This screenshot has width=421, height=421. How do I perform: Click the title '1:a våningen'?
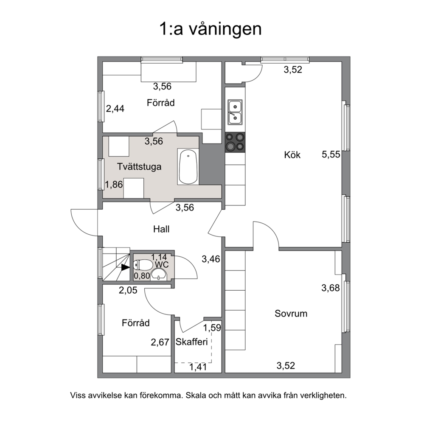210,29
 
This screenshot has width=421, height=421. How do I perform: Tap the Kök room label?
292,155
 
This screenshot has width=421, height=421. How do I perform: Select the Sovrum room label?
291,314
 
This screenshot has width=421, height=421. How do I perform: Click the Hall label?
161,229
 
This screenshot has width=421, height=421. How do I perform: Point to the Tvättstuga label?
139,167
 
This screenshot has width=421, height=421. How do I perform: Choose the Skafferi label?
192,342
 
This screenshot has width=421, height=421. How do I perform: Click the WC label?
162,265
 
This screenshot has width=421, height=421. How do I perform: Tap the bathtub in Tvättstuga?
188,167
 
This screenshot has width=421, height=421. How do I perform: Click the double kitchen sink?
235,112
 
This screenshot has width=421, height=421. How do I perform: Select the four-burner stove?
235,143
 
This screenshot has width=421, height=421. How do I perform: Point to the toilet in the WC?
143,265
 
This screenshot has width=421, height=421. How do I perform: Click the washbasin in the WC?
159,274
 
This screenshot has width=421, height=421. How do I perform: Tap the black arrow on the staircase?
125,267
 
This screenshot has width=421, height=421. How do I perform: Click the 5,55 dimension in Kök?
331,154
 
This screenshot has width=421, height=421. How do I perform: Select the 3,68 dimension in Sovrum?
331,288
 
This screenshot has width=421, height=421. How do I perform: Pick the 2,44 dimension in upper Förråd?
115,109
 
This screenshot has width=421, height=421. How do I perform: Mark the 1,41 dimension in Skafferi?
198,367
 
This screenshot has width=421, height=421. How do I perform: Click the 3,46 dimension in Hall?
211,259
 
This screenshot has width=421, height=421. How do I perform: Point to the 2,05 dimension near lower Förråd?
128,290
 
